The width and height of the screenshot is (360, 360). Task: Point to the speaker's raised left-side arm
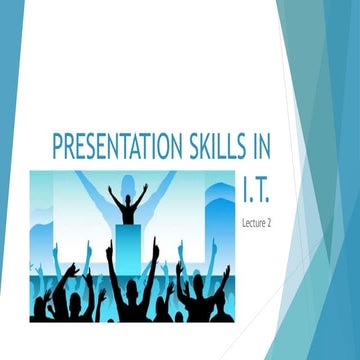point(112,196)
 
